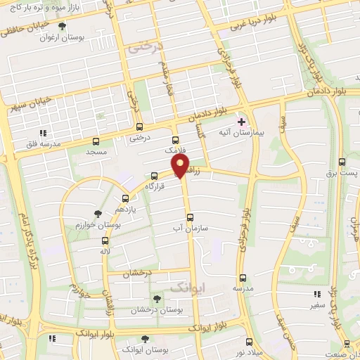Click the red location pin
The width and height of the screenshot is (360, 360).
(x=181, y=166)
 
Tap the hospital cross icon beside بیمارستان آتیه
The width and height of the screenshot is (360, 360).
(x=241, y=122)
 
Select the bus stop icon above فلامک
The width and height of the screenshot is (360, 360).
(x=175, y=139)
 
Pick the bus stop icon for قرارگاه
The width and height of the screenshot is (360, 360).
(x=154, y=176)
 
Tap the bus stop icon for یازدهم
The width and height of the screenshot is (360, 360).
(x=125, y=198)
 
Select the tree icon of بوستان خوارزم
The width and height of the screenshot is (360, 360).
(x=98, y=212)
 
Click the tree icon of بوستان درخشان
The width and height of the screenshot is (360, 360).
(x=157, y=298)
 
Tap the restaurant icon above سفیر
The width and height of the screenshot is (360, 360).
(x=317, y=295)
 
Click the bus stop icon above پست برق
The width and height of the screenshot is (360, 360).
(x=342, y=160)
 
